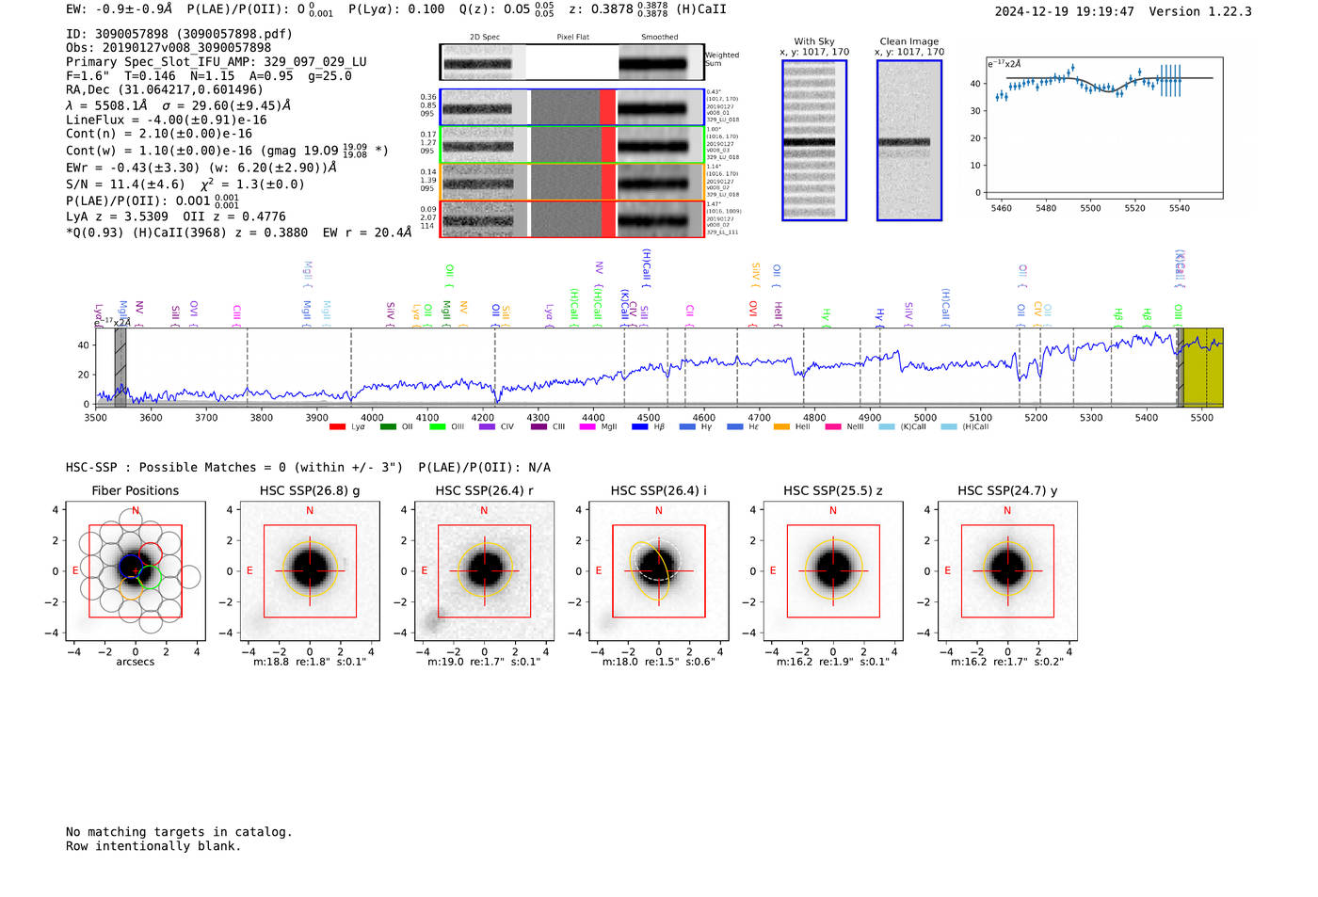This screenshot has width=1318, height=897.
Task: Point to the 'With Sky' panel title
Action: [x=813, y=41]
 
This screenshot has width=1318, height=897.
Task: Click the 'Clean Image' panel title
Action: [x=908, y=41]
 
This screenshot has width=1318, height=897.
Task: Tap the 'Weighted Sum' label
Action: [x=721, y=59]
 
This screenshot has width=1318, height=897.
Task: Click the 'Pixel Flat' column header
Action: [x=572, y=37]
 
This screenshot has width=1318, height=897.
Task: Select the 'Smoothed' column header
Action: [x=659, y=37]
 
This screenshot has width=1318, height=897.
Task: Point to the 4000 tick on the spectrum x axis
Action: [x=372, y=418]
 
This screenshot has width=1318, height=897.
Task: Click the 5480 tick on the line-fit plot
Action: [x=1045, y=208]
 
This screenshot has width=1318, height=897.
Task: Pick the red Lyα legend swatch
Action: [x=337, y=427]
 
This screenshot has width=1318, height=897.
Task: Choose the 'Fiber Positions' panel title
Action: [x=135, y=490]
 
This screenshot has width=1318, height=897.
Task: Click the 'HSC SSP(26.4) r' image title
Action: [x=484, y=490]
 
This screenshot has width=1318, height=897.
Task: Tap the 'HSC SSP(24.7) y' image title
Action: [x=1006, y=490]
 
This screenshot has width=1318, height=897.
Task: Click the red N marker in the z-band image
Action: [x=833, y=511]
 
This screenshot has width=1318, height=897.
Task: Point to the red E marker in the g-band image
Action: [x=249, y=571]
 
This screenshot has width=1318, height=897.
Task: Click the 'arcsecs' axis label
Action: [x=135, y=662]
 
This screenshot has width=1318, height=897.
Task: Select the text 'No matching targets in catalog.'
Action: [x=179, y=832]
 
